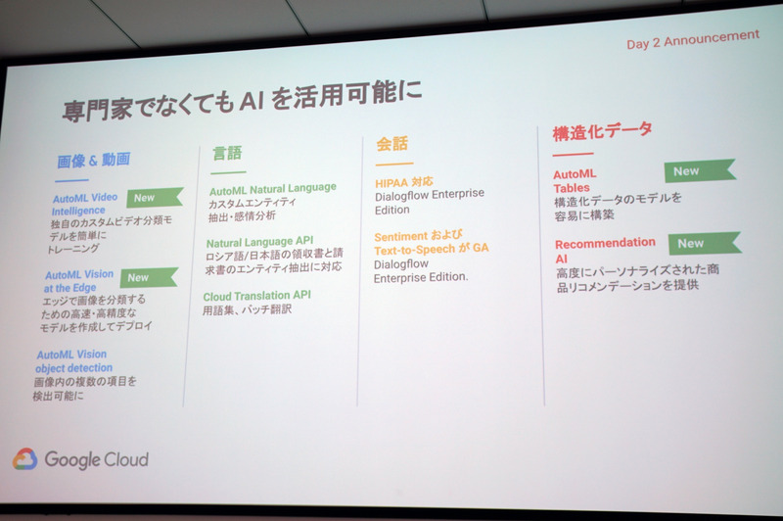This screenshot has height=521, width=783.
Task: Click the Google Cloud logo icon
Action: tap(24, 458)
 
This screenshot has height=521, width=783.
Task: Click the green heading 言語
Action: tap(227, 153)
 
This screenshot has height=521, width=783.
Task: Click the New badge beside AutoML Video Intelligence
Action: tap(147, 198)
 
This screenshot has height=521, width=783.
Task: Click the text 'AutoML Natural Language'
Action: tap(272, 188)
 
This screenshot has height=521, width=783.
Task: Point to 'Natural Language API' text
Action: tap(260, 241)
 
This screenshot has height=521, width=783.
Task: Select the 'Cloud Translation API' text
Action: tap(256, 295)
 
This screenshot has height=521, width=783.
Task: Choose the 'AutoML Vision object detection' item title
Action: tap(73, 361)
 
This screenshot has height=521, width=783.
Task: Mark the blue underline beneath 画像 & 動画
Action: tap(72, 180)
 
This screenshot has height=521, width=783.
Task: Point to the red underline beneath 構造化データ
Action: tap(573, 153)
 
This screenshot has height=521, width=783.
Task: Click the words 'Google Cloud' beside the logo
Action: tap(96, 458)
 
